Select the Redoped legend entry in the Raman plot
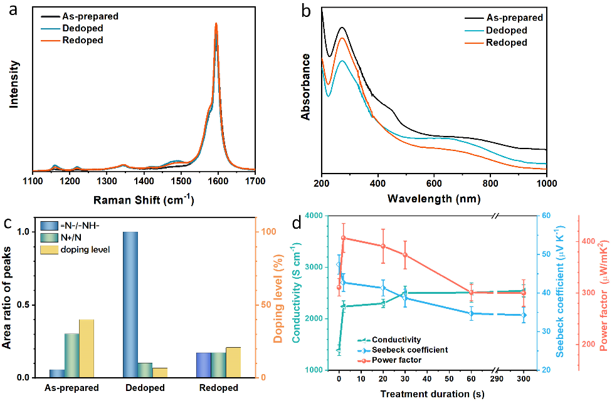coord(82,40)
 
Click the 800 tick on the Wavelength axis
coord(490,183)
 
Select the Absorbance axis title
coord(306,86)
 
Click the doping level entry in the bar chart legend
coord(87,249)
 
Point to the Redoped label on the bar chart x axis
coord(219,388)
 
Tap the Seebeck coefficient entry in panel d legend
coord(410,350)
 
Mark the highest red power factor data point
coord(343,238)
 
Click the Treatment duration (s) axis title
coord(432,393)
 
